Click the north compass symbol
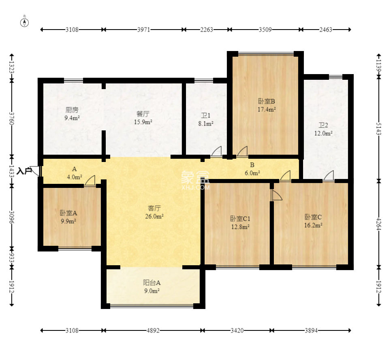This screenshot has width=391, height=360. (x=24, y=23)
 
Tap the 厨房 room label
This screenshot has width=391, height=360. (x=72, y=110)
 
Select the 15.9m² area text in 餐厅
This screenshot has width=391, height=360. (x=143, y=122)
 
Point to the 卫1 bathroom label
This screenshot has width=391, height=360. (x=206, y=115)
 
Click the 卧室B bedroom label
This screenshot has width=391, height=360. (x=266, y=101)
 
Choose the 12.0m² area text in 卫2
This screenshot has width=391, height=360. (x=323, y=133)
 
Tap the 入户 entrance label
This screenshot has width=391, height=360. (x=24, y=171)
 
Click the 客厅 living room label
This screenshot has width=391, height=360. (x=154, y=208)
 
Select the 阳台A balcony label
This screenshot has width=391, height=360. (x=152, y=283)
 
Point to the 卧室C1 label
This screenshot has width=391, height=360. (x=240, y=219)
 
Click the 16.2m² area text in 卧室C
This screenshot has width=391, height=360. (x=313, y=225)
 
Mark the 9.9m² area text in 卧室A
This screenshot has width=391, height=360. (x=68, y=221)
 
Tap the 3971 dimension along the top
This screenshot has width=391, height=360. (x=143, y=30)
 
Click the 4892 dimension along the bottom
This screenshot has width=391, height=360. (x=153, y=330)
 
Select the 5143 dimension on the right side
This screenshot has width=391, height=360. (x=379, y=129)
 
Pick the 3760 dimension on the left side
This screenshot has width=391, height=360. (x=12, y=119)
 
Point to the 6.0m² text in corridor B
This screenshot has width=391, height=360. (x=252, y=173)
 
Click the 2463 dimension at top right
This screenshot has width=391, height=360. (x=326, y=30)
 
